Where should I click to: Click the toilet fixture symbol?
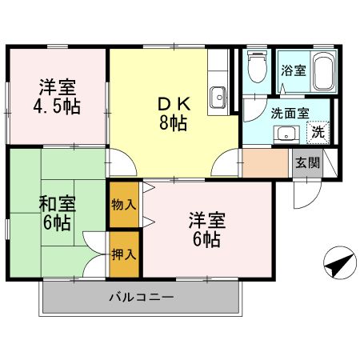pos(256,68)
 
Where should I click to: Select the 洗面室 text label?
pos(289,114)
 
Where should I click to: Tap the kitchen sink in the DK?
pos(219,98)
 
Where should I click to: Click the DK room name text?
pos(173,104)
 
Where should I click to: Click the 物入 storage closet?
pos(125,205)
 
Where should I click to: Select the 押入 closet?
pos(125,255)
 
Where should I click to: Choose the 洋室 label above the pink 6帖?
pos(207,218)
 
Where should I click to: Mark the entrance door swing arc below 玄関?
pos(305,193)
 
